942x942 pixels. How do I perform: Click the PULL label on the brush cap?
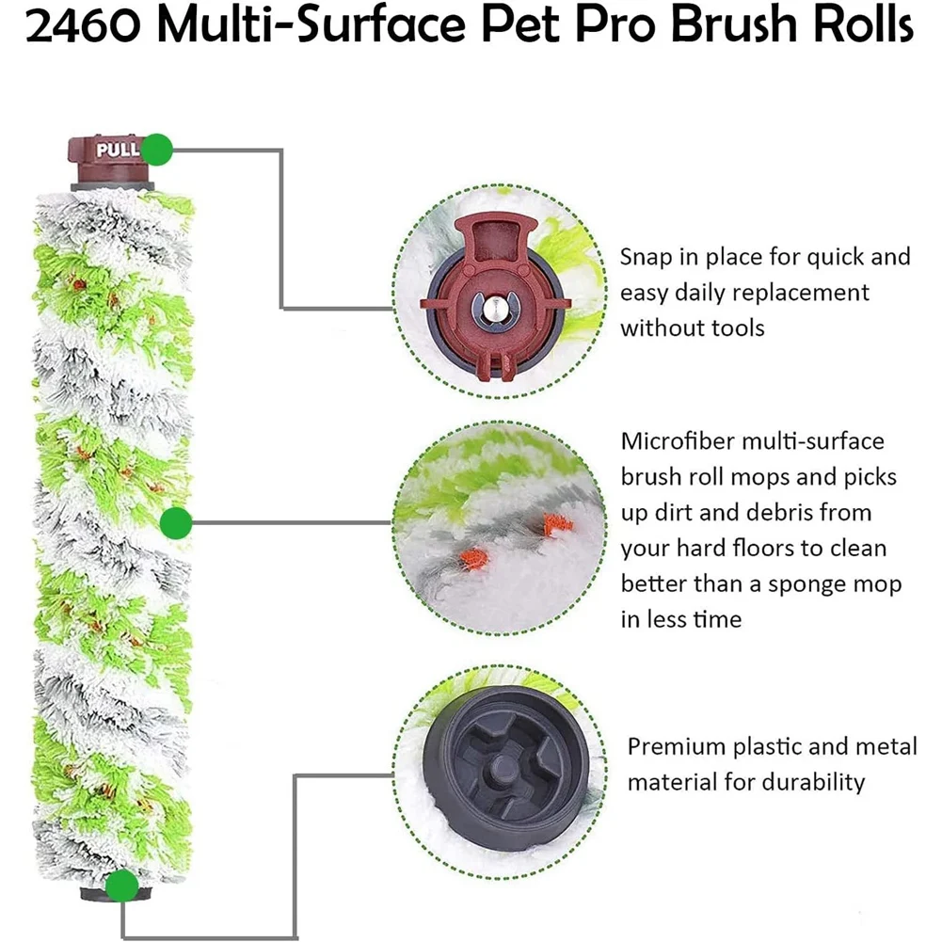[117, 150]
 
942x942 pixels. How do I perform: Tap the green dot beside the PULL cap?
[159, 149]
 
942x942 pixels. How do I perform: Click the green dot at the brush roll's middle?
[176, 522]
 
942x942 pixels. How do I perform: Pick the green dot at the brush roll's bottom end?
[121, 885]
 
